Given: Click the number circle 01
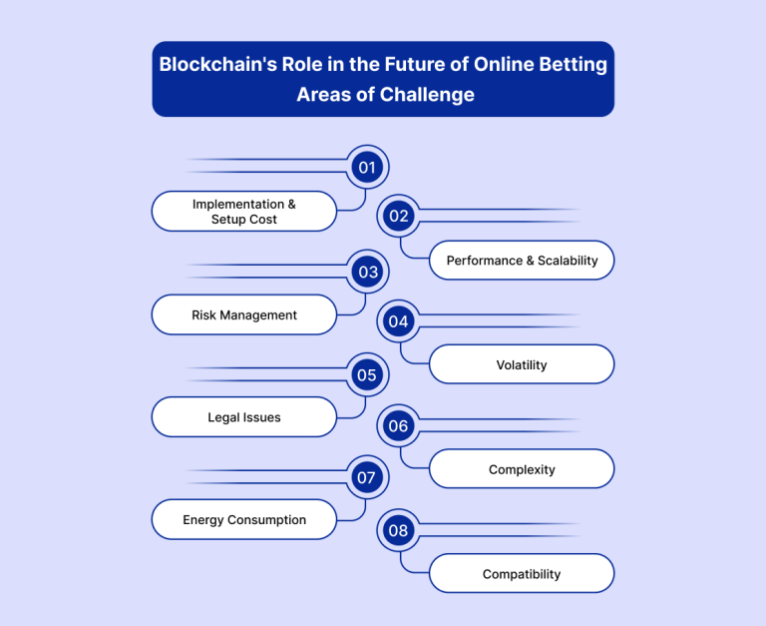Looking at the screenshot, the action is pyautogui.click(x=367, y=168).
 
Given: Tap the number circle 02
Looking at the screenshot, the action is pyautogui.click(x=399, y=216).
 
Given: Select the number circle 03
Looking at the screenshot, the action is pyautogui.click(x=367, y=272).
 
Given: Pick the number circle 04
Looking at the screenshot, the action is pyautogui.click(x=399, y=321).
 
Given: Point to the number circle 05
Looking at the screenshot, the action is pyautogui.click(x=367, y=375).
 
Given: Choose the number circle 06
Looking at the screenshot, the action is pyautogui.click(x=399, y=426).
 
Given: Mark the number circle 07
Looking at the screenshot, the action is pyautogui.click(x=367, y=477).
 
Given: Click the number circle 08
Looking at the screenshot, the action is pyautogui.click(x=399, y=530).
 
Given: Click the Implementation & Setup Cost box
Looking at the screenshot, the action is pyautogui.click(x=244, y=212).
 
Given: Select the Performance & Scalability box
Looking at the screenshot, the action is pyautogui.click(x=522, y=261).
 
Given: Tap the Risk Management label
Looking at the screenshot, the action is pyautogui.click(x=244, y=314).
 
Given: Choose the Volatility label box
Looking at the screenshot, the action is pyautogui.click(x=522, y=364).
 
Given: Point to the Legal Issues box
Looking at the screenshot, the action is pyautogui.click(x=244, y=417).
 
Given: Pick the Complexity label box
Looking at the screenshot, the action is pyautogui.click(x=522, y=469).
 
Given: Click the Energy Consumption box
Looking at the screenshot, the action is pyautogui.click(x=244, y=519).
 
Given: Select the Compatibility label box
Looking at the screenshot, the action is pyautogui.click(x=522, y=574).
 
